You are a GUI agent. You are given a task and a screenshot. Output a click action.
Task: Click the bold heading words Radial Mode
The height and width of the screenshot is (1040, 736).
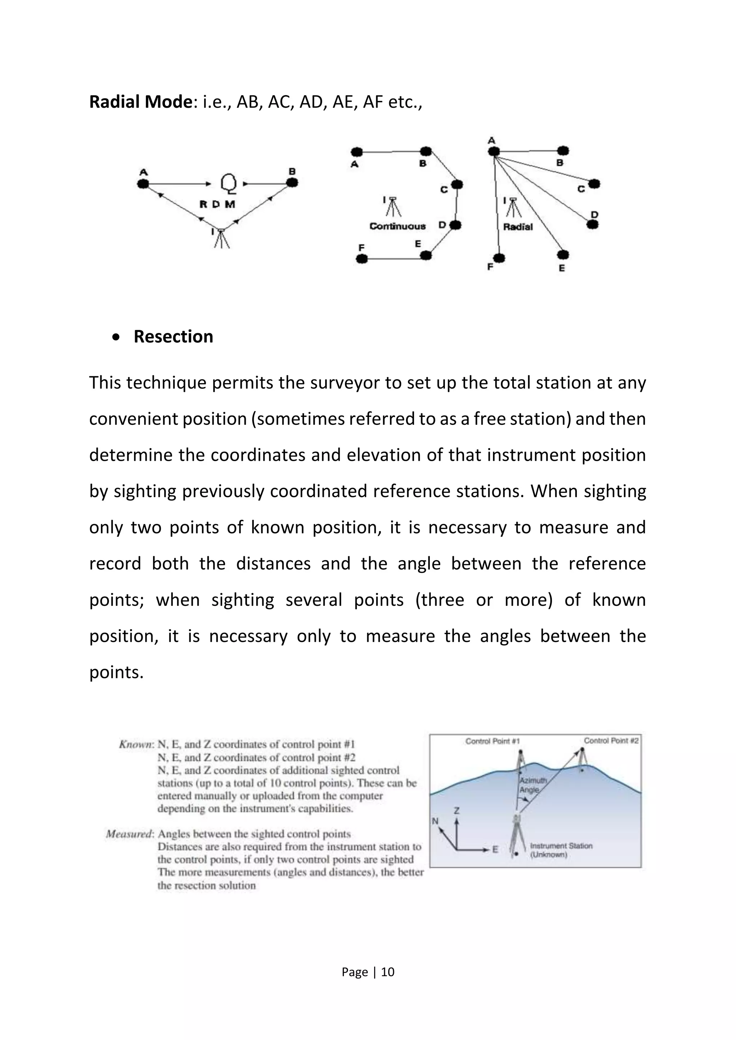click(x=141, y=102)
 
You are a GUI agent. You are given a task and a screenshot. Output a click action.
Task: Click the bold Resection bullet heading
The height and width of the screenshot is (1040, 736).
click(x=173, y=336)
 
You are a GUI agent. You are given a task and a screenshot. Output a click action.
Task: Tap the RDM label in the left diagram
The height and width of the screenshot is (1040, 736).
click(x=217, y=204)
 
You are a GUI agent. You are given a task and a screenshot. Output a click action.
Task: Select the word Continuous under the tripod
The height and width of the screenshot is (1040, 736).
click(x=397, y=226)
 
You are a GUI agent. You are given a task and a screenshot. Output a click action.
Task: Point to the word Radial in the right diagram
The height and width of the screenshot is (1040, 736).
click(x=517, y=227)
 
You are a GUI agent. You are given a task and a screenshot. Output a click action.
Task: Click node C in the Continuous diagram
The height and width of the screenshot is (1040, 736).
click(x=457, y=184)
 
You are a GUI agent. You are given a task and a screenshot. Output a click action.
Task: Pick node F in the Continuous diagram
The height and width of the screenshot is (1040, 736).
click(x=362, y=259)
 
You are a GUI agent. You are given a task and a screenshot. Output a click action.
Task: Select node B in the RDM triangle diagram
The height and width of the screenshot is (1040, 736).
click(x=292, y=182)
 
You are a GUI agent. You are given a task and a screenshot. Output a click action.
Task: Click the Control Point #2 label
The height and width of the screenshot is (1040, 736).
click(x=611, y=740)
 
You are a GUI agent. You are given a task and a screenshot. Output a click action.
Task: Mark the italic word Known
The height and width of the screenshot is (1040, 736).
click(x=135, y=744)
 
